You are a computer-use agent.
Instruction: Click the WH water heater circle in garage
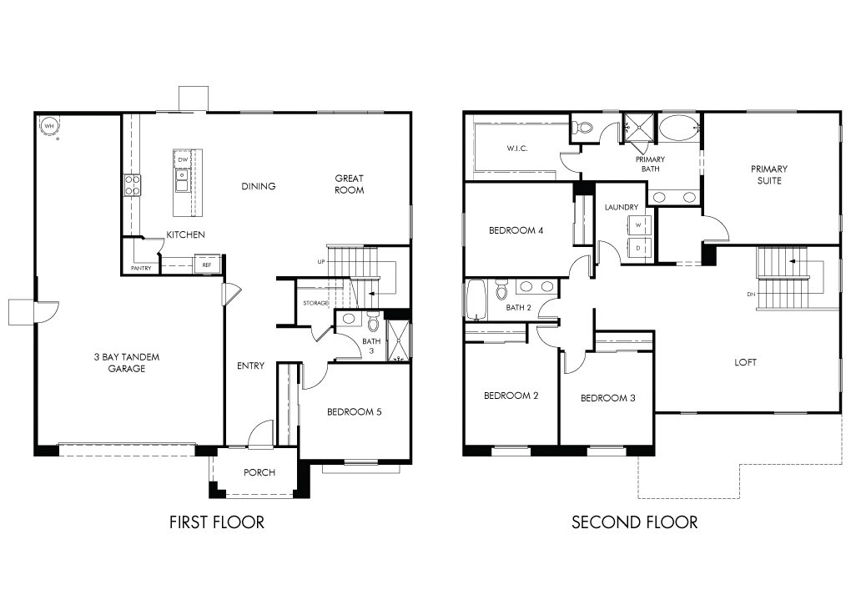tap(49, 127)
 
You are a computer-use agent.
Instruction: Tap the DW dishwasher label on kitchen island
tap(183, 159)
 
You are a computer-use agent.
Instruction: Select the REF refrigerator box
tap(207, 265)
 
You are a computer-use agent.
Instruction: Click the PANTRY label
tap(141, 268)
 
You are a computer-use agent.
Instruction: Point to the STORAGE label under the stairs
tap(315, 303)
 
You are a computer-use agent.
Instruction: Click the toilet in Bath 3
tap(373, 321)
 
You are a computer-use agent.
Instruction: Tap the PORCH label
tap(259, 472)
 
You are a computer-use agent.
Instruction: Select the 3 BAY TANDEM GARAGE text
tap(127, 363)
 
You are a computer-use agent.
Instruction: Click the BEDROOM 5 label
tap(355, 411)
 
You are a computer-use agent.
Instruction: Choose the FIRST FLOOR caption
tap(217, 522)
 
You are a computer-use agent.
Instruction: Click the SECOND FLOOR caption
tap(634, 522)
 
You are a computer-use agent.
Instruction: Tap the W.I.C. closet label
tap(517, 149)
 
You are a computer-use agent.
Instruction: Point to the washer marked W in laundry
tap(639, 224)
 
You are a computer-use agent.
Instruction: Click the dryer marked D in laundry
tap(639, 248)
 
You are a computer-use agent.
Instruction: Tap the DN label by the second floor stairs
tap(751, 295)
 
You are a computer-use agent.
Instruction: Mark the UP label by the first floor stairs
tap(321, 262)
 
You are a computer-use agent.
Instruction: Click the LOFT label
tap(745, 362)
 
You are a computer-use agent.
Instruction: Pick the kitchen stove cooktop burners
tap(133, 185)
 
